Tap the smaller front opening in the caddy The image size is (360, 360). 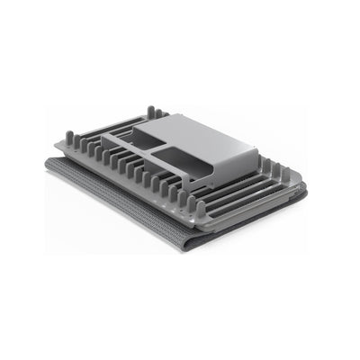click(x=181, y=163)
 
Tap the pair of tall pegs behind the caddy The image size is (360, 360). click(x=152, y=112)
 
